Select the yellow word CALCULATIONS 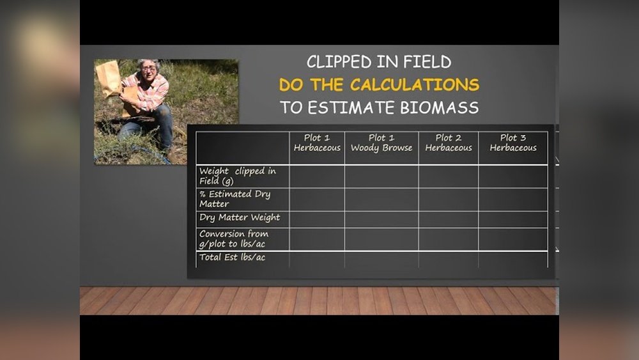[x=415, y=85]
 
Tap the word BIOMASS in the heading [x=440, y=107]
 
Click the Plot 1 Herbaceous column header [x=317, y=143]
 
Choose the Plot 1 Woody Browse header [x=381, y=143]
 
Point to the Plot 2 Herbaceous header [x=449, y=143]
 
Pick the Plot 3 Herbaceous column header [x=513, y=143]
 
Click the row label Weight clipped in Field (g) [x=238, y=176]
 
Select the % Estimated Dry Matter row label [x=235, y=199]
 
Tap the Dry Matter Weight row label [x=240, y=217]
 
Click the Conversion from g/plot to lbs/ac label [x=234, y=239]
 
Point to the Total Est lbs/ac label [x=233, y=257]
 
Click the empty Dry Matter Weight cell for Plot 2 [x=449, y=219]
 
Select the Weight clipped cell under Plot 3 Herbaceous [x=513, y=176]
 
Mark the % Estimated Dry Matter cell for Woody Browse [x=381, y=200]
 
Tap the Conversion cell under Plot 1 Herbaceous [x=317, y=239]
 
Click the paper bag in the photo [x=109, y=78]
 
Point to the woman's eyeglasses [x=149, y=68]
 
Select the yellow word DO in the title [x=292, y=85]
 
